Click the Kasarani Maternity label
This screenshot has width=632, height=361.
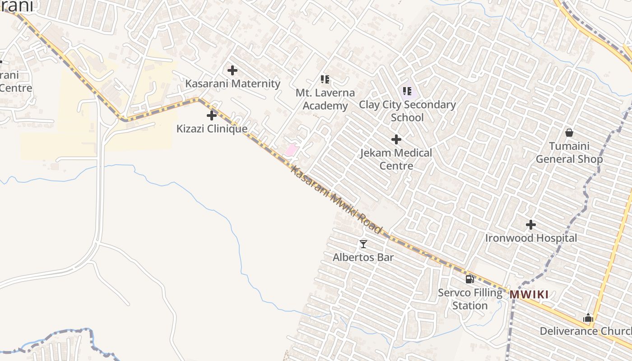click(232, 84)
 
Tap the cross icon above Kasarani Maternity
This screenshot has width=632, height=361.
click(232, 70)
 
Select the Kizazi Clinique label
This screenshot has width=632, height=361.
click(212, 129)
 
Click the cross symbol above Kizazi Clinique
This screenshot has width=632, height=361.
click(212, 116)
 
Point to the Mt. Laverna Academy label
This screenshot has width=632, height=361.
click(325, 99)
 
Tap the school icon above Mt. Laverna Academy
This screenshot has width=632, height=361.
click(325, 79)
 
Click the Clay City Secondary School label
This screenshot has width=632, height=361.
click(407, 111)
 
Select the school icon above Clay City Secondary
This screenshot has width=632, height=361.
click(407, 91)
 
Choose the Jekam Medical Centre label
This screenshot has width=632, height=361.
click(396, 159)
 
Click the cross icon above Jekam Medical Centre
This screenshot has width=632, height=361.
click(396, 139)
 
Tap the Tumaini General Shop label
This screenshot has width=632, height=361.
click(569, 153)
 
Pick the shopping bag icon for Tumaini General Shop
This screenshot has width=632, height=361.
click(569, 133)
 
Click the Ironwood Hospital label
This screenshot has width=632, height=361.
click(531, 238)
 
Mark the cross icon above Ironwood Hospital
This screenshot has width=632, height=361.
click(531, 224)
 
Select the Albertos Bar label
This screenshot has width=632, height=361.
click(363, 258)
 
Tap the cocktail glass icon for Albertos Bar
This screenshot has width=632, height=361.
click(363, 244)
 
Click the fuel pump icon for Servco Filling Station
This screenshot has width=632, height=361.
click(470, 279)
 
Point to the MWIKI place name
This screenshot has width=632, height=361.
click(529, 295)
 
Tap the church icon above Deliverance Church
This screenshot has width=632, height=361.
click(588, 318)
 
